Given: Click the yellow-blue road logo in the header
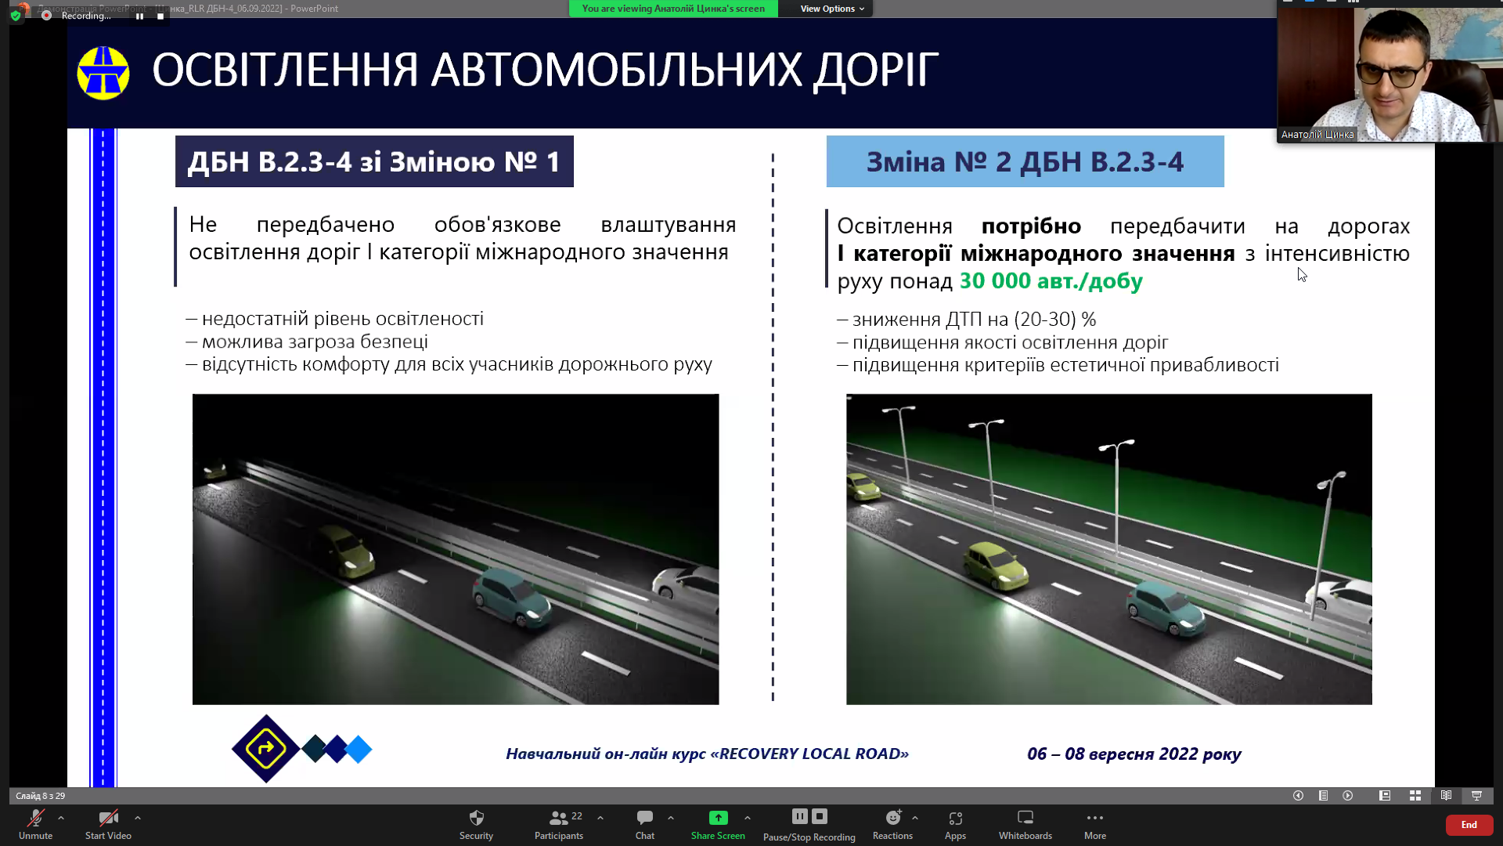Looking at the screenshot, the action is click(x=103, y=73).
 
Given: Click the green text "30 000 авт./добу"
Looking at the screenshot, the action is click(x=1051, y=280).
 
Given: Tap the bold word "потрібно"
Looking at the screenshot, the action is click(x=1031, y=226).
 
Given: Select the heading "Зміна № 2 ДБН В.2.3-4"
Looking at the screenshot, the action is click(x=1025, y=161).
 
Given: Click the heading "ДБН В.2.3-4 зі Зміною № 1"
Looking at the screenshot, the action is click(x=373, y=161).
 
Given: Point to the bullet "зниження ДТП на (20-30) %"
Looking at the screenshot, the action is click(x=967, y=319).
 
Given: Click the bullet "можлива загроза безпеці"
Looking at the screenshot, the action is click(x=307, y=342).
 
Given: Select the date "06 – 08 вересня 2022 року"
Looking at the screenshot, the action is click(x=1134, y=754).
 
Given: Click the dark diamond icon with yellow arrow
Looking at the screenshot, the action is click(x=265, y=749).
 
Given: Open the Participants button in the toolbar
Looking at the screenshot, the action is click(x=559, y=824).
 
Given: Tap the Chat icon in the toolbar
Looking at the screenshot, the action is click(x=645, y=818).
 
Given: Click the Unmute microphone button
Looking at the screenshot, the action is click(x=36, y=824).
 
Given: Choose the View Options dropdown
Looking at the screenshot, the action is click(x=832, y=9).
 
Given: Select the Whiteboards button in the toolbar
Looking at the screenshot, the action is click(x=1025, y=824).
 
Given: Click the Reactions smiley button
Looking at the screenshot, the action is click(x=892, y=824).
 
